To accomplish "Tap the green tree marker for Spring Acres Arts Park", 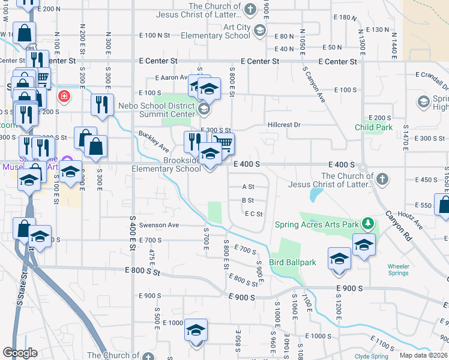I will (368, 225).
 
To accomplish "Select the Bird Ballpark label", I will (292, 262).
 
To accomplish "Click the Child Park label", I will (373, 127).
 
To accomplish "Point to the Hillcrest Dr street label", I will (283, 125).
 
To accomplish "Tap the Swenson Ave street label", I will (160, 225).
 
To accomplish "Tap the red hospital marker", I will (63, 96).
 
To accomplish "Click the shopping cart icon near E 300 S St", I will (223, 143).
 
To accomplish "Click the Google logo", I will (20, 353).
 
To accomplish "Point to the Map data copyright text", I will (424, 355).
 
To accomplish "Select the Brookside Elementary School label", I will (166, 164).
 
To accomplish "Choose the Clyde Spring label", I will (371, 356).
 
